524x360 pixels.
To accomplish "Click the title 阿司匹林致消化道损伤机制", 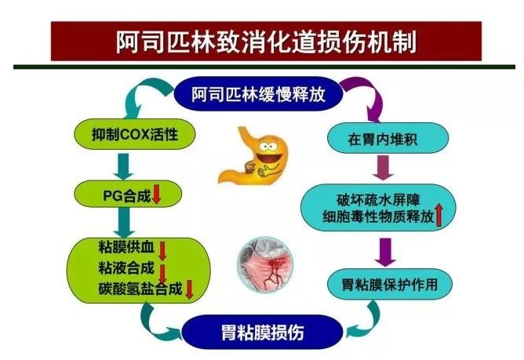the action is [266, 42].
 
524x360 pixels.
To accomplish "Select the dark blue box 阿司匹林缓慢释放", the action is [258, 93].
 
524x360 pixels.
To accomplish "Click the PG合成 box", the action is [128, 195].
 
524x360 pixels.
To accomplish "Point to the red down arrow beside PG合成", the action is [156, 195].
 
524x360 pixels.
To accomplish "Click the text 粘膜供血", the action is [126, 247].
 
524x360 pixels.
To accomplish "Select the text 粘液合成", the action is [126, 267].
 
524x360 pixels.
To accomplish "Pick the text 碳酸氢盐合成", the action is [140, 289].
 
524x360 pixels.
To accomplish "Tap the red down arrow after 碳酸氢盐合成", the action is [189, 289].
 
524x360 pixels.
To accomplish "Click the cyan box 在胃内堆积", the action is [388, 138].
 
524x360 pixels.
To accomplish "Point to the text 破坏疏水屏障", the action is [378, 200].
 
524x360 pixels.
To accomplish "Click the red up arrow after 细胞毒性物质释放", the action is [439, 216].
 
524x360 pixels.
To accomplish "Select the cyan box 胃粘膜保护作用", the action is [390, 285].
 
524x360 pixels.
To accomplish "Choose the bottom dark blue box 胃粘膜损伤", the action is [262, 333].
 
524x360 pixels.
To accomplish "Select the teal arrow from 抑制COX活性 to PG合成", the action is [124, 166].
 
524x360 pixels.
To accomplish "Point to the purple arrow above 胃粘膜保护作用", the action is [385, 252].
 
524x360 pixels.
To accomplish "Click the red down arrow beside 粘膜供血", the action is [162, 251].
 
